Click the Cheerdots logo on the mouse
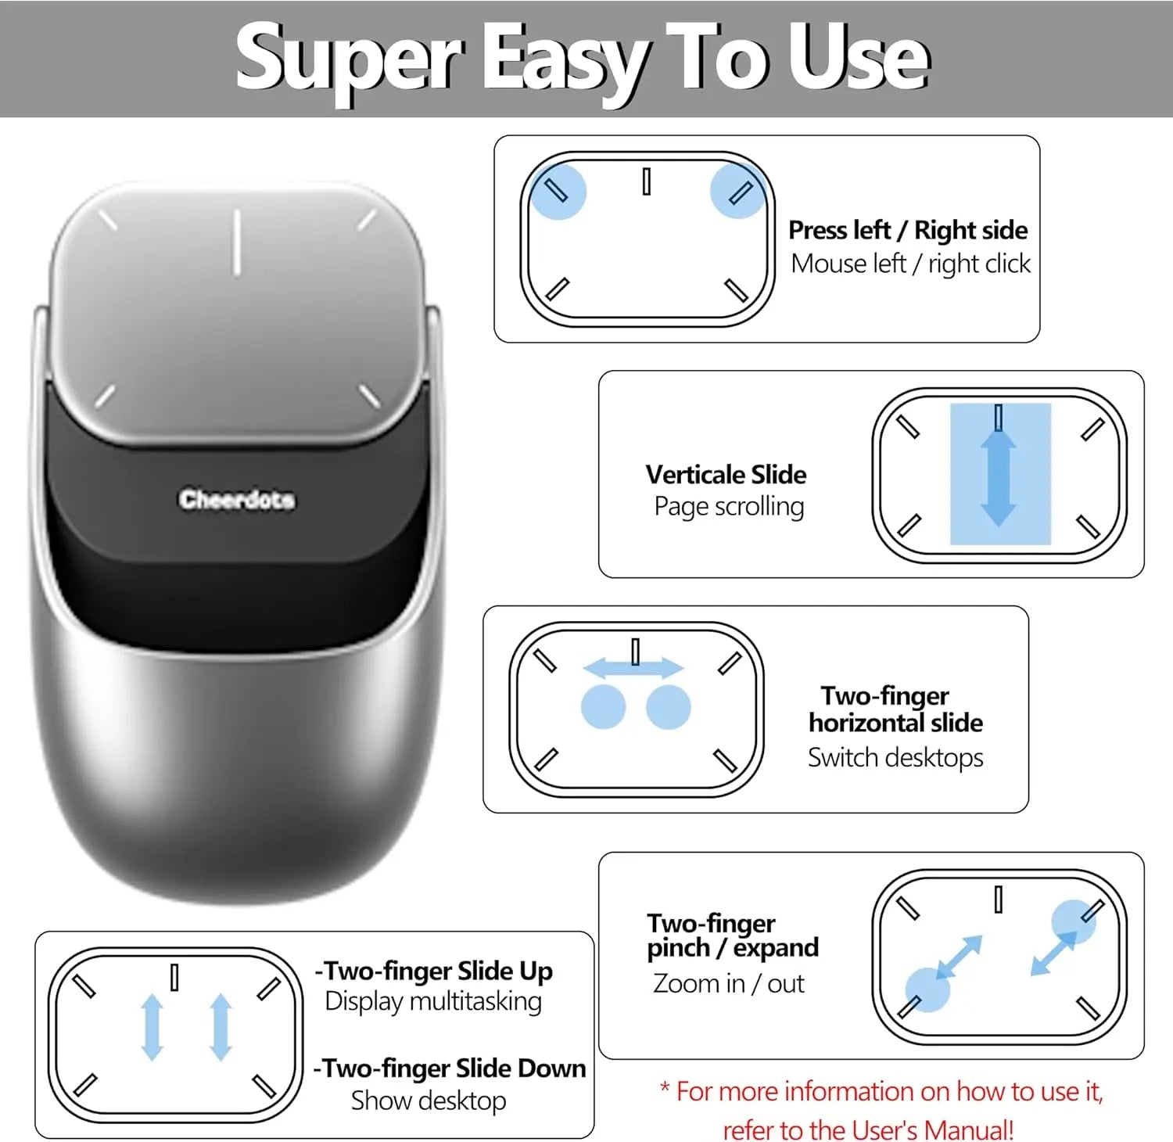(237, 499)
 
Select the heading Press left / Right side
(908, 230)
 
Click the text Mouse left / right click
(911, 264)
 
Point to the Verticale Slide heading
(726, 474)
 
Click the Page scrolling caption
(729, 507)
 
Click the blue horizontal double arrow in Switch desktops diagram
(633, 667)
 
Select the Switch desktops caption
(895, 757)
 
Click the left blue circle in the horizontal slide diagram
(604, 707)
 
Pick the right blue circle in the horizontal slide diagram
(669, 707)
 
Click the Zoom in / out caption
(728, 983)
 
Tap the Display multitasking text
(433, 1001)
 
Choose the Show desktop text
(429, 1101)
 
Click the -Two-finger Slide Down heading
(450, 1068)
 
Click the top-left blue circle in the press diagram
(558, 192)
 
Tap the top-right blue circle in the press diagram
(737, 190)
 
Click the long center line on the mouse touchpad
(236, 242)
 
